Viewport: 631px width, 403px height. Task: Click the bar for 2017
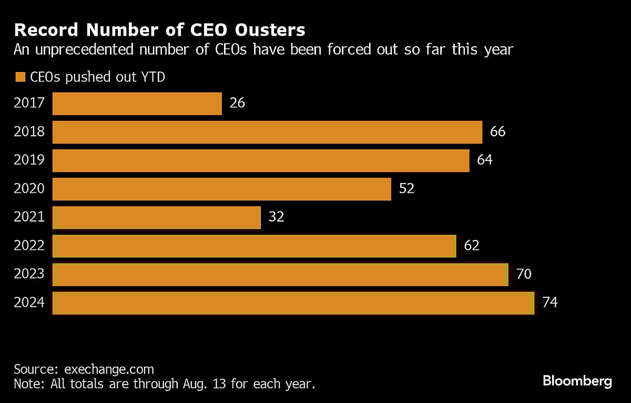(x=137, y=104)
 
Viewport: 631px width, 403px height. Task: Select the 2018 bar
(x=267, y=132)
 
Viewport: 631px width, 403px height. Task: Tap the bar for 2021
(x=157, y=217)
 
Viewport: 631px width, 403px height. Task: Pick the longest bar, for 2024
(x=293, y=303)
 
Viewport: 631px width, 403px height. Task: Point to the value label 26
(x=237, y=103)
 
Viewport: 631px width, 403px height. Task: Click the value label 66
(x=497, y=131)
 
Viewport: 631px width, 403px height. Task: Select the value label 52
(x=406, y=188)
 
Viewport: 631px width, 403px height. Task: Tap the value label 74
(x=549, y=303)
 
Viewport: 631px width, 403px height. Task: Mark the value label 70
(x=524, y=274)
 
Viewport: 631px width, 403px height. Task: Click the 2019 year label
(x=29, y=160)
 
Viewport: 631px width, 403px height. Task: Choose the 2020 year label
(x=29, y=188)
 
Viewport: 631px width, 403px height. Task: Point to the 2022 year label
(x=29, y=245)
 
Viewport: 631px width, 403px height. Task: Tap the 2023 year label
(x=29, y=274)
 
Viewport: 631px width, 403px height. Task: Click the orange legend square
(x=21, y=77)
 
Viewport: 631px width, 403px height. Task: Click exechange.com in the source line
(x=109, y=369)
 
